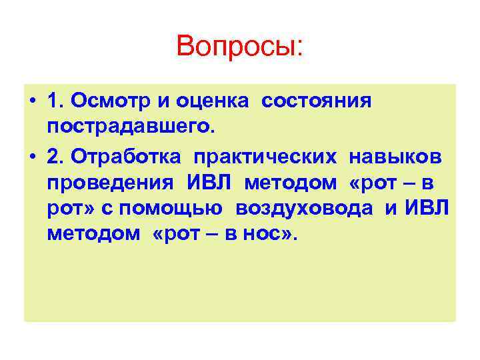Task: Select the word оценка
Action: [x=214, y=101]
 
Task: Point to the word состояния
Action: [x=316, y=101]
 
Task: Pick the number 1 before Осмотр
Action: [x=54, y=101]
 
